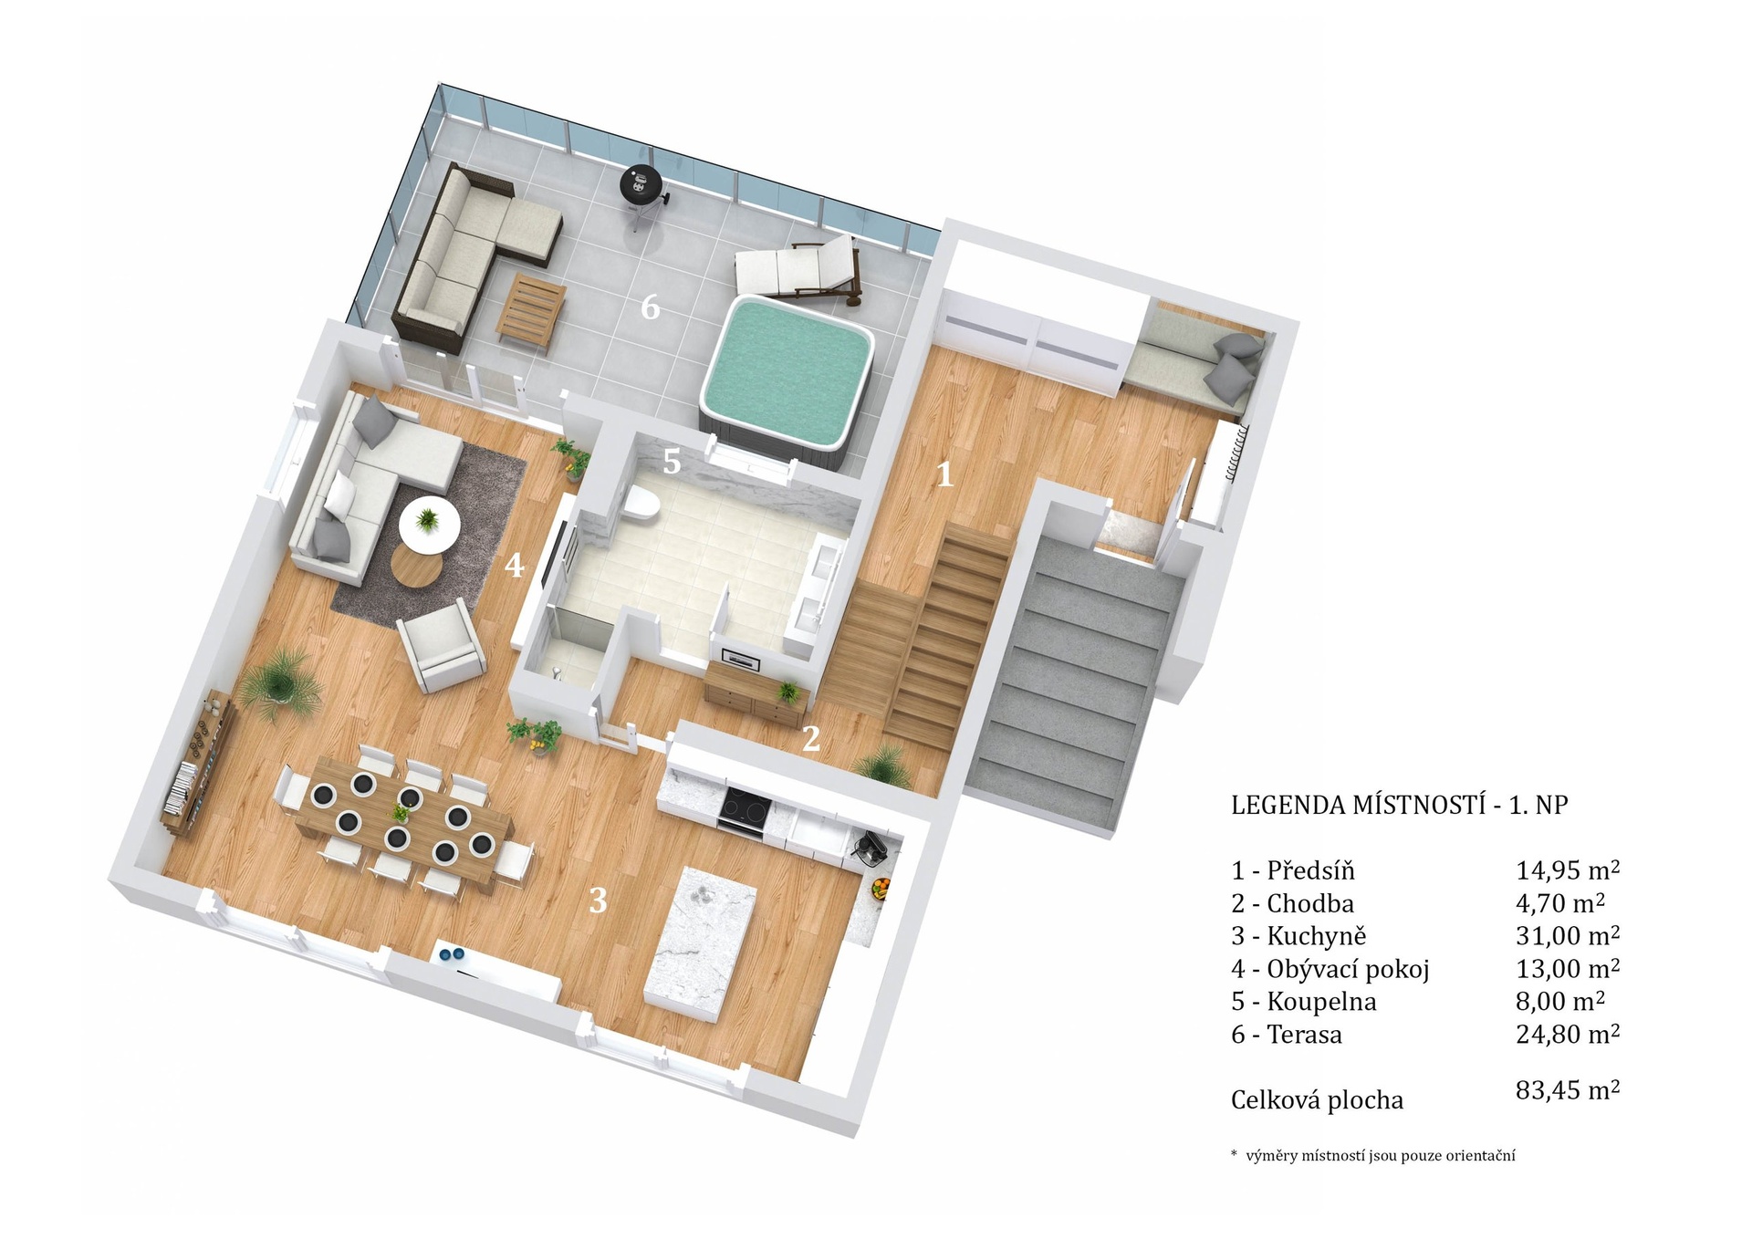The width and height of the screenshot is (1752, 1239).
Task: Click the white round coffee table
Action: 428,522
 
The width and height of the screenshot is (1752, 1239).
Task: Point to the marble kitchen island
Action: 700,944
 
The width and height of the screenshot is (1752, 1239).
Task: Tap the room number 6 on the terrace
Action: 650,308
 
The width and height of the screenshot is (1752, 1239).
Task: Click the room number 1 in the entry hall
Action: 944,474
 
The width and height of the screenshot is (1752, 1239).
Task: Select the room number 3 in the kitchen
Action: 598,901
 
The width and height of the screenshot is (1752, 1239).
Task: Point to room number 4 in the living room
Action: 515,566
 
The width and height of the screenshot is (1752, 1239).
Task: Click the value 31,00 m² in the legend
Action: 1568,935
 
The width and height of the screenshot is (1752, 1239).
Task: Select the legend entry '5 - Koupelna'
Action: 1303,1002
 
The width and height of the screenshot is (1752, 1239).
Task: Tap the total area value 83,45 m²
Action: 1568,1090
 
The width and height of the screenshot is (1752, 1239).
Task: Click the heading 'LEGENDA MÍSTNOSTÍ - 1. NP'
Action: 1399,805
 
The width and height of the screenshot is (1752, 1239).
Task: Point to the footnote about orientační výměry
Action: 1373,1156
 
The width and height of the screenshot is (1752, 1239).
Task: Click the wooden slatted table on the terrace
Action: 531,310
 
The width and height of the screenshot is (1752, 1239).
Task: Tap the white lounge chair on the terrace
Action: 798,268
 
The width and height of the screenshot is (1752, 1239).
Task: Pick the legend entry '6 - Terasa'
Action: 1287,1035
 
